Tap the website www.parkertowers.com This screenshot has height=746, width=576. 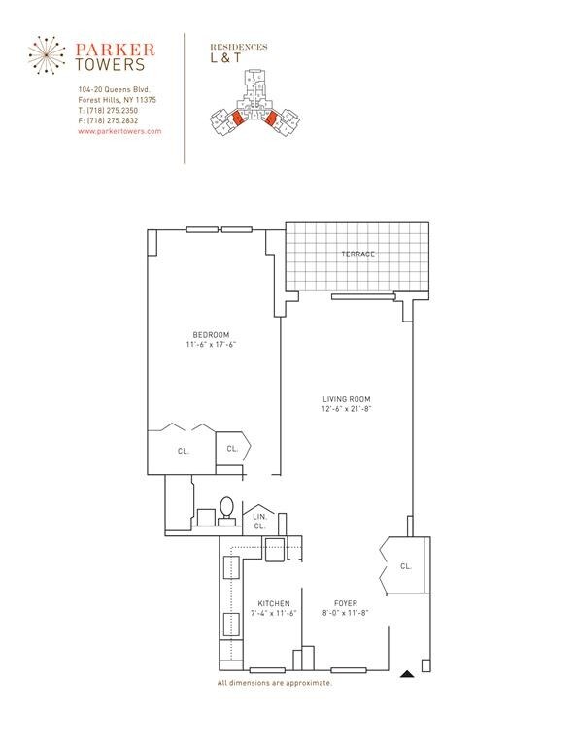(119, 130)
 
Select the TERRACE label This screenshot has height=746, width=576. (356, 254)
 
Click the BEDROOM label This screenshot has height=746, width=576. (211, 335)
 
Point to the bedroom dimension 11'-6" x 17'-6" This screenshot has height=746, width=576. (211, 345)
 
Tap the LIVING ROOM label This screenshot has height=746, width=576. (347, 399)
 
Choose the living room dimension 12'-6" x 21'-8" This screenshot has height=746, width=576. (347, 409)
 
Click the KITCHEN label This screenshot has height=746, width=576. (274, 603)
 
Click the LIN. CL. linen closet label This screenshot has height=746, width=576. (259, 521)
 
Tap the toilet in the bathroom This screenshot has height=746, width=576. (226, 508)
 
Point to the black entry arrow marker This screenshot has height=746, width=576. (410, 672)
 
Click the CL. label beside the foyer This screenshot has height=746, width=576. (405, 565)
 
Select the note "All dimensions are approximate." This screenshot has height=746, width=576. (274, 683)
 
